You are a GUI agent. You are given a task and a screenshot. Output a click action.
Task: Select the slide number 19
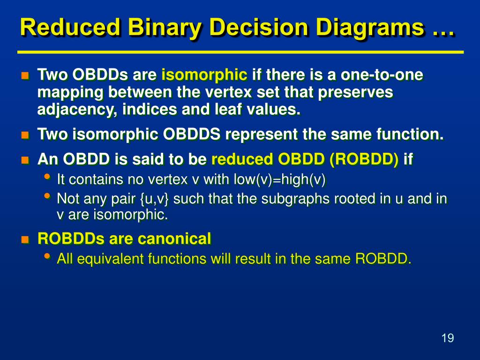point(448,338)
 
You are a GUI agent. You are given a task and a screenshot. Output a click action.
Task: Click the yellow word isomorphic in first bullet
point(204,75)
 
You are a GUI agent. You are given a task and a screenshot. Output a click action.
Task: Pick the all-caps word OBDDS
point(191,134)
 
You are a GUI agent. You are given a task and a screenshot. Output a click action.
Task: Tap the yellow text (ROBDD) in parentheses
point(364,159)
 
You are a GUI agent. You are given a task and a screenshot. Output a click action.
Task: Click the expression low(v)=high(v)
point(279,180)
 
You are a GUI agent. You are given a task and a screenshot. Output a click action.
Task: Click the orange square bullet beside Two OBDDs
point(25,75)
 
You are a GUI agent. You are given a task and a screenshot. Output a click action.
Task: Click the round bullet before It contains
point(47,177)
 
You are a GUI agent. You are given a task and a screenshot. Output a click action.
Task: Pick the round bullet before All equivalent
point(47,256)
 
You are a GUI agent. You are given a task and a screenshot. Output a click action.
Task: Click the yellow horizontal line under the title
point(240,52)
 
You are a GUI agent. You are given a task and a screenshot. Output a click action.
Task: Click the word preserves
point(355,93)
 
